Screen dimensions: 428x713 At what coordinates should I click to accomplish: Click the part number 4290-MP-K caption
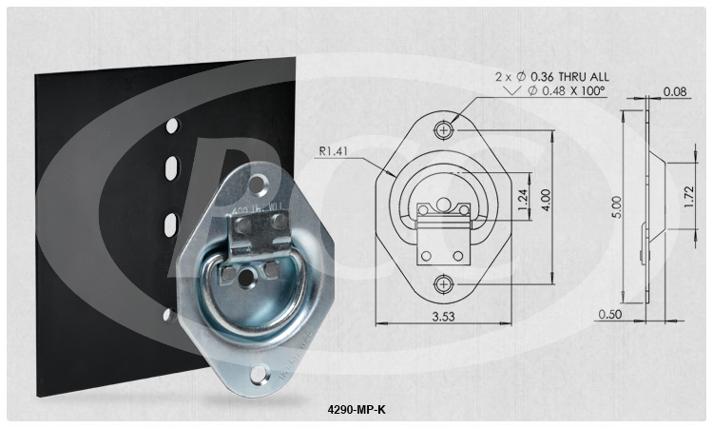[x=356, y=411]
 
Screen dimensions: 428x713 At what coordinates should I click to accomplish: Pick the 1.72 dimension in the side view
[x=691, y=195]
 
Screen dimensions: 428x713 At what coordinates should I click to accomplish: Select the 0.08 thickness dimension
[x=676, y=92]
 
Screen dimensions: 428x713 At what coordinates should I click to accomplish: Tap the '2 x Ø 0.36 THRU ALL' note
[x=552, y=75]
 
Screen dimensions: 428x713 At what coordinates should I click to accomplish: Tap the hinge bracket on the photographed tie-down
[x=258, y=231]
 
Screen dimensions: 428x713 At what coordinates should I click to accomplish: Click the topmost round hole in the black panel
[x=171, y=125]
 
